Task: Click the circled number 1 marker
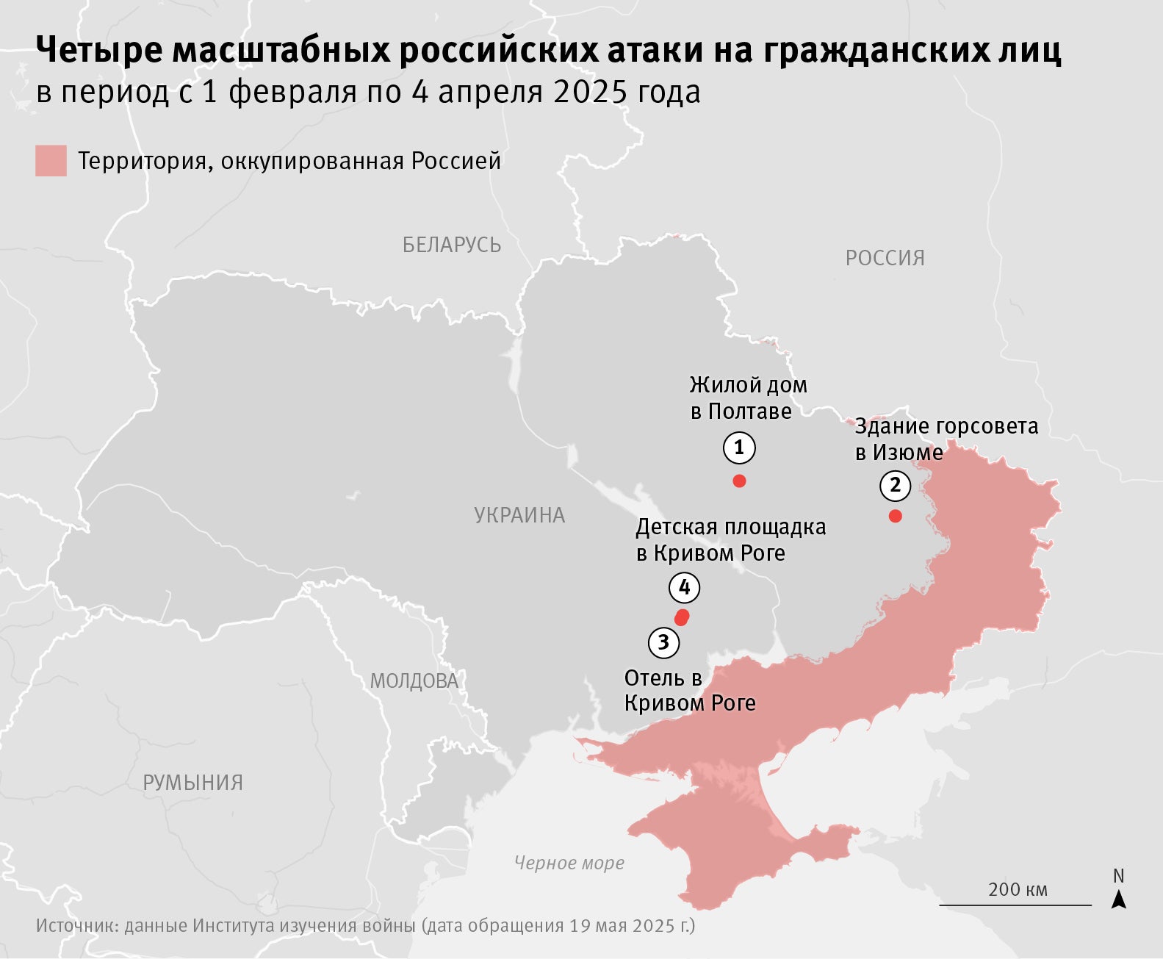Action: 739,448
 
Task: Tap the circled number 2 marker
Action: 895,485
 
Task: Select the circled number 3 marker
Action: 663,643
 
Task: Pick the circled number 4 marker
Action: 685,588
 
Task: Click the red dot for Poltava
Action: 740,481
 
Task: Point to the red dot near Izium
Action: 895,516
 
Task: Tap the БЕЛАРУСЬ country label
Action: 452,245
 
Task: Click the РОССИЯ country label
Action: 885,258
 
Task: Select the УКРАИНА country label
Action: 519,515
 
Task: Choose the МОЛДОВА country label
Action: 414,681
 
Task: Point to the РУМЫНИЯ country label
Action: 192,783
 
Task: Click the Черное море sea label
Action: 569,863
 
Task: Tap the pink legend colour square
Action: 51,161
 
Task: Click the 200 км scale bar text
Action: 1018,889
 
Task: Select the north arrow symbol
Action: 1118,898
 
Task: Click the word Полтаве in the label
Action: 750,412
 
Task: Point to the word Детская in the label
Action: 677,528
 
